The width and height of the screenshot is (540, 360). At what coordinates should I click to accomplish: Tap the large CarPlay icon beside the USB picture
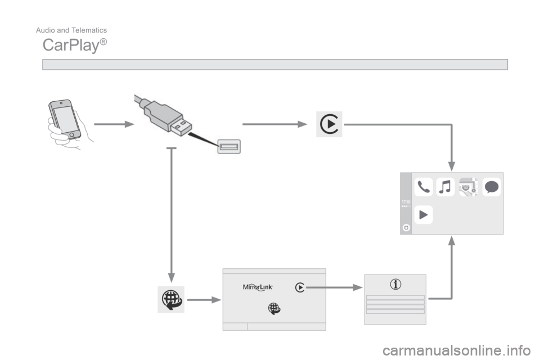click(328, 124)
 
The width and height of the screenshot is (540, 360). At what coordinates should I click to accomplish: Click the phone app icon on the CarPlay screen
click(424, 187)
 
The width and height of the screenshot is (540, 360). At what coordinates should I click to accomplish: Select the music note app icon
click(445, 187)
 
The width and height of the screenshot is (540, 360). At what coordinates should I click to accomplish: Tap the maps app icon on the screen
click(468, 187)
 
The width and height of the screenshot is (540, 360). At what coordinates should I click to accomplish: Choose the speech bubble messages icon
click(491, 187)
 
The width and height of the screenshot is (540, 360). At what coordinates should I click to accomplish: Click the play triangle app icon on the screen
click(424, 214)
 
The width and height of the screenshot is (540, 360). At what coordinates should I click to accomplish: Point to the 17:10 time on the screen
click(406, 201)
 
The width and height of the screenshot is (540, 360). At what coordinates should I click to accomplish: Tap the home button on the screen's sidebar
click(406, 228)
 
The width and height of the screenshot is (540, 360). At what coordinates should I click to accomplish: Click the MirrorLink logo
click(258, 287)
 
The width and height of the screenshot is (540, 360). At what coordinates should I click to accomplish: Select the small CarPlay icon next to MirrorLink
click(300, 287)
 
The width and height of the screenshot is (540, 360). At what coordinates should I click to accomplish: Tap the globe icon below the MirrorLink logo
click(273, 308)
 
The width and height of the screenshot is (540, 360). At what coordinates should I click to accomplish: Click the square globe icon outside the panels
click(171, 299)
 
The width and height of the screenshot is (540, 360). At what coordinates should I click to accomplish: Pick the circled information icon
click(396, 285)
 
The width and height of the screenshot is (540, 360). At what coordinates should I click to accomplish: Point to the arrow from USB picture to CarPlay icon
click(276, 124)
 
